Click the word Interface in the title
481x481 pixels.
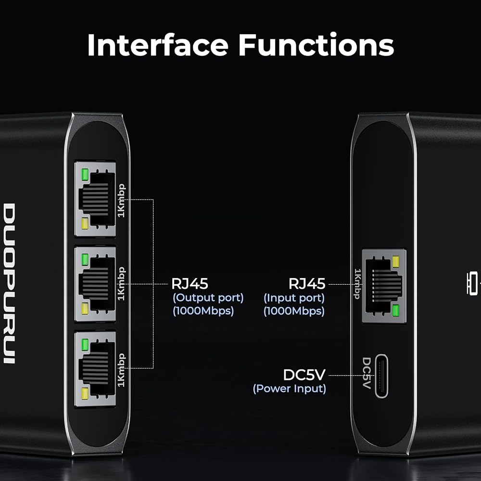pyautogui.click(x=158, y=45)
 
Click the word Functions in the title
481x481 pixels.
pyautogui.click(x=316, y=45)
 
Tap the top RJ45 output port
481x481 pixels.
pyautogui.click(x=95, y=199)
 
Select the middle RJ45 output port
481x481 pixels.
pyautogui.click(x=95, y=284)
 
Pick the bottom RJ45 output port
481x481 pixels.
pyautogui.click(x=95, y=369)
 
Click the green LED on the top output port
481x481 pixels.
pyautogui.click(x=85, y=174)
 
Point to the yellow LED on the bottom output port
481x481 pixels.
pyautogui.click(x=85, y=393)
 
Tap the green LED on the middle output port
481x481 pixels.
pyautogui.click(x=85, y=259)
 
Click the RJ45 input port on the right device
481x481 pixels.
pyautogui.click(x=384, y=286)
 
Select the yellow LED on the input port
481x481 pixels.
pyautogui.click(x=395, y=262)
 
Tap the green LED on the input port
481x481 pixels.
pyautogui.click(x=395, y=310)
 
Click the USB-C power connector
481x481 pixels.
pyautogui.click(x=381, y=376)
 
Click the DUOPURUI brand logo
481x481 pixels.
pyautogui.click(x=9, y=283)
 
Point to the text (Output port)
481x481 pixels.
pyautogui.click(x=208, y=298)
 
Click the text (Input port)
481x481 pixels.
pyautogui.click(x=294, y=298)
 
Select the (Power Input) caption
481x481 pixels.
pyautogui.click(x=289, y=389)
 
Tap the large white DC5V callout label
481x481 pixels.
pyautogui.click(x=304, y=375)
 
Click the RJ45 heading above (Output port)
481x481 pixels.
pyautogui.click(x=190, y=284)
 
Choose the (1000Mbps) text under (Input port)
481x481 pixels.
pyautogui.click(x=294, y=311)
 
